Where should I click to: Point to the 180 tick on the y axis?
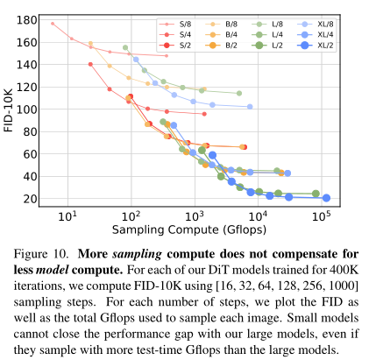pos(26,18)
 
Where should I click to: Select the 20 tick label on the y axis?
pos(29,199)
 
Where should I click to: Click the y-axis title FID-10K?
pos(10,109)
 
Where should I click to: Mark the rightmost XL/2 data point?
pos(327,198)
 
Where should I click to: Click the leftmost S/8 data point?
pos(53,24)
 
